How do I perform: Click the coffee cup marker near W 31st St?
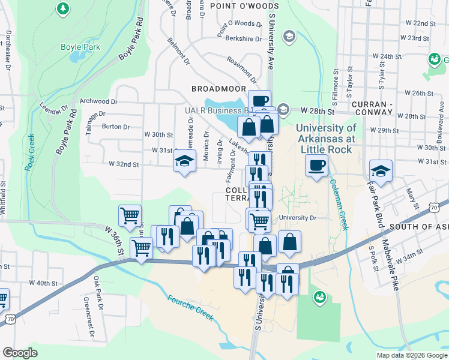[316, 165]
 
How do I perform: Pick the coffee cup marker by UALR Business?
[259, 101]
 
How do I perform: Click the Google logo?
[20, 353]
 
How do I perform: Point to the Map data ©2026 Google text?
[412, 355]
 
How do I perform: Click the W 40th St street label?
[43, 283]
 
